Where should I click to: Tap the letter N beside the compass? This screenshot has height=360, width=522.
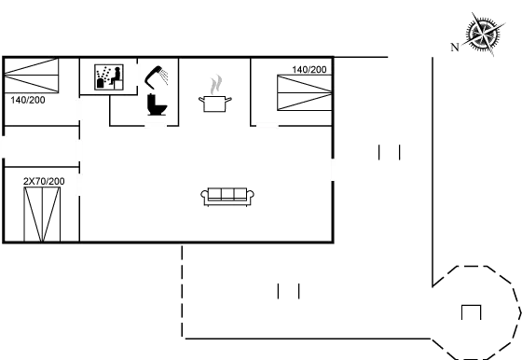454,46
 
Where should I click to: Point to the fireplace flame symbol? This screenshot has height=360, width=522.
216,86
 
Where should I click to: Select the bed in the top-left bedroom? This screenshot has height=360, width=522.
32,75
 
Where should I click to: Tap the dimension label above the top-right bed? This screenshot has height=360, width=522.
309,70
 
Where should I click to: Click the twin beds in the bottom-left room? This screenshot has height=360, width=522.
42,213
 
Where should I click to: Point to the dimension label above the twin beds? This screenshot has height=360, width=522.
43,180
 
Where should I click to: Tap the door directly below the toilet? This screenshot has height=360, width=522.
156,122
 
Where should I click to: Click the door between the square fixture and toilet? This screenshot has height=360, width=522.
137,75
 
